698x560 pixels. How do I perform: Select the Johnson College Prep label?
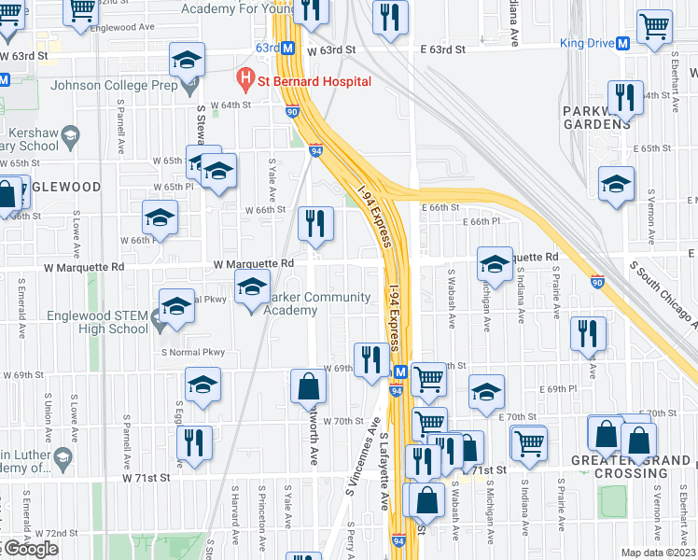pyautogui.click(x=114, y=86)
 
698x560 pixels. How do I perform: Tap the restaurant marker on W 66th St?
pyautogui.click(x=315, y=224)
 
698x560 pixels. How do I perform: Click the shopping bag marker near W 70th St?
pyautogui.click(x=308, y=386)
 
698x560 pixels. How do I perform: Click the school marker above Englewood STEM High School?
pyautogui.click(x=176, y=305)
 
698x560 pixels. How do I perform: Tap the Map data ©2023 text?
pyautogui.click(x=658, y=553)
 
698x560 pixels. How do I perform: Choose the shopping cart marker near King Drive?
pyautogui.click(x=655, y=28)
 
